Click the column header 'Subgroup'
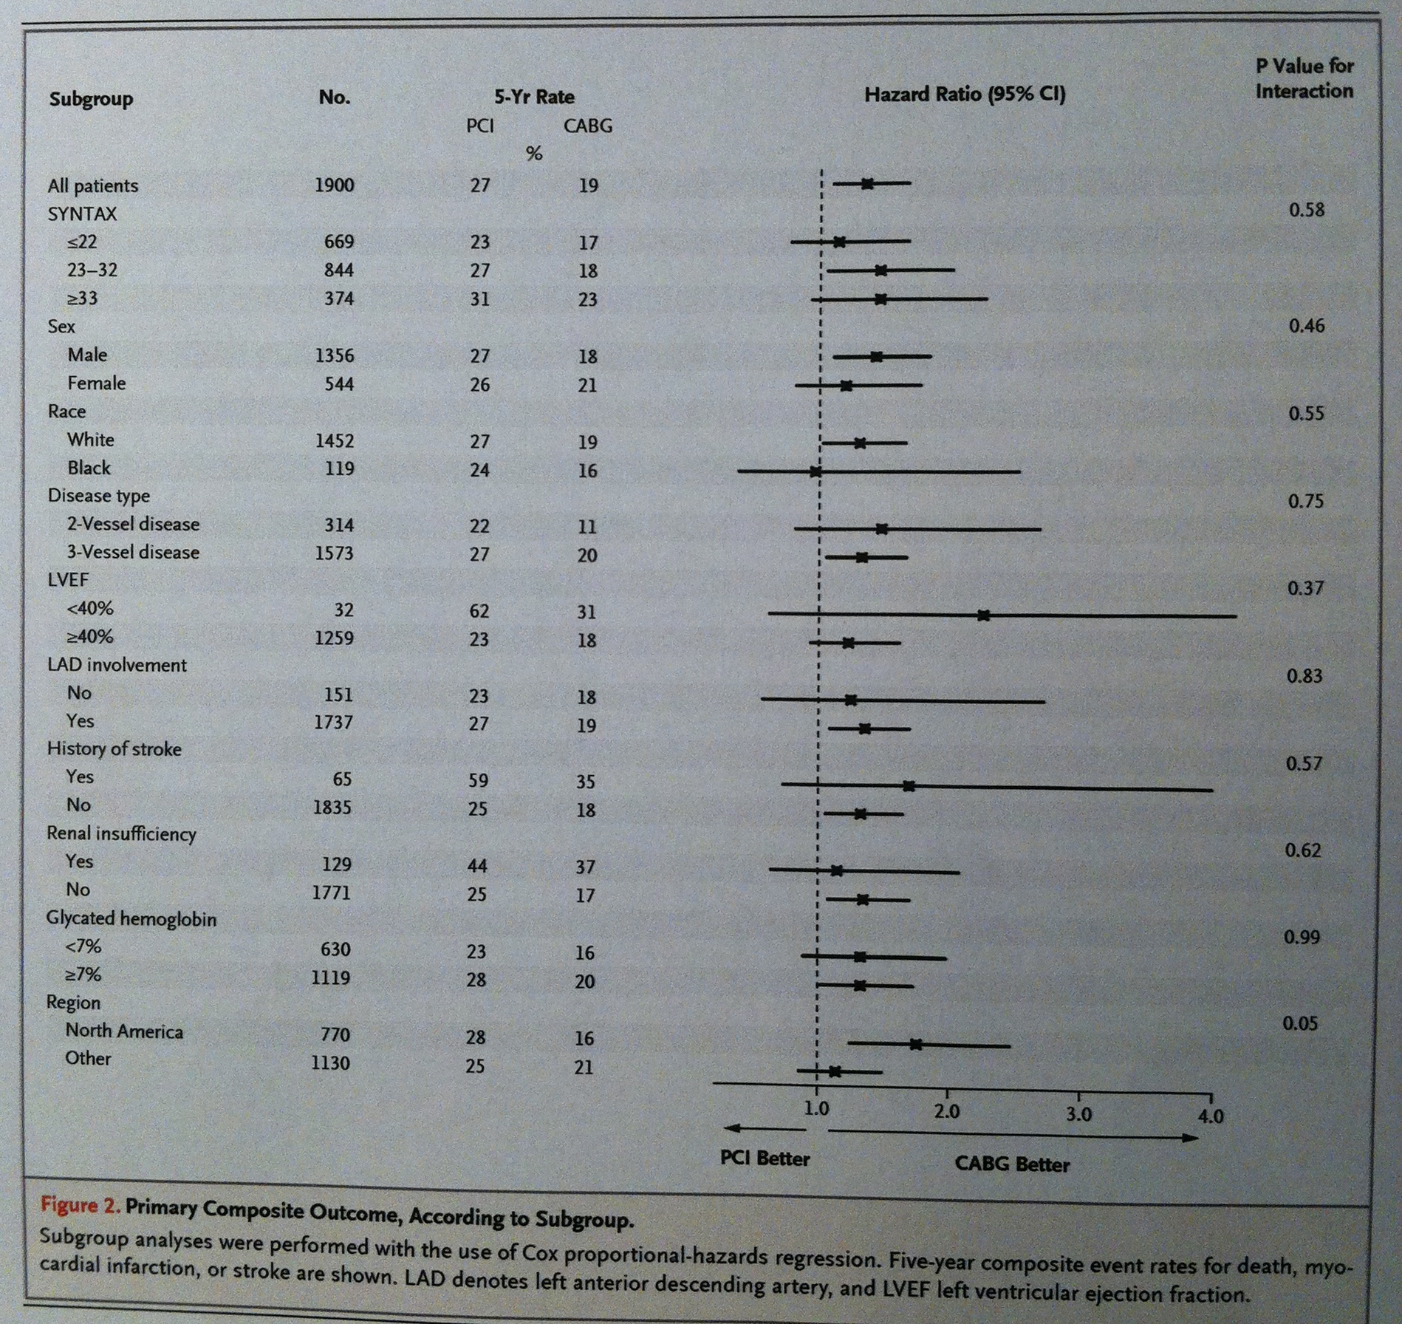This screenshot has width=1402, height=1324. [x=91, y=99]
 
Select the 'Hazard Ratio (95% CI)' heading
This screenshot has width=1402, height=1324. [x=965, y=95]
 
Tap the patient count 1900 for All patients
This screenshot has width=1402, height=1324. [x=334, y=185]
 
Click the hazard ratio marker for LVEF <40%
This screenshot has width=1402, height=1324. [x=983, y=615]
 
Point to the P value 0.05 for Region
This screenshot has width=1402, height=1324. [x=1299, y=1023]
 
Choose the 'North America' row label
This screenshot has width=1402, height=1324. [x=124, y=1031]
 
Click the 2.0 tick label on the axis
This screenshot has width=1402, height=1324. [x=946, y=1112]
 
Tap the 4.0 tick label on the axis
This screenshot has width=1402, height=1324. [x=1210, y=1116]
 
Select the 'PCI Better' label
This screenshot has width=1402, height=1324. [x=765, y=1158]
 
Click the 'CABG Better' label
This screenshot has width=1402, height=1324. [x=1011, y=1164]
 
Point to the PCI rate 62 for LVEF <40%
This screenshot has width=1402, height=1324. [x=479, y=611]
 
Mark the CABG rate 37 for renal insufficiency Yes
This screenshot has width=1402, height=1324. [x=585, y=867]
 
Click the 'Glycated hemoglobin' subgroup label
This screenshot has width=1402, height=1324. [x=131, y=918]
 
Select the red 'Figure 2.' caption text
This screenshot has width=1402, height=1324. [x=79, y=1207]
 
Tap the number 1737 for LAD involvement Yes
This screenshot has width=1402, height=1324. [x=333, y=722]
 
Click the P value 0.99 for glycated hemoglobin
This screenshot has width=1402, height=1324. [x=1301, y=937]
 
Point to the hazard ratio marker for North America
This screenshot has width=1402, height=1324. [x=915, y=1045]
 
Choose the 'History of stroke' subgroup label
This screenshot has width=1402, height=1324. [x=114, y=749]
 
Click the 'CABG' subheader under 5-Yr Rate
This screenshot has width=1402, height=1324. [x=588, y=126]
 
